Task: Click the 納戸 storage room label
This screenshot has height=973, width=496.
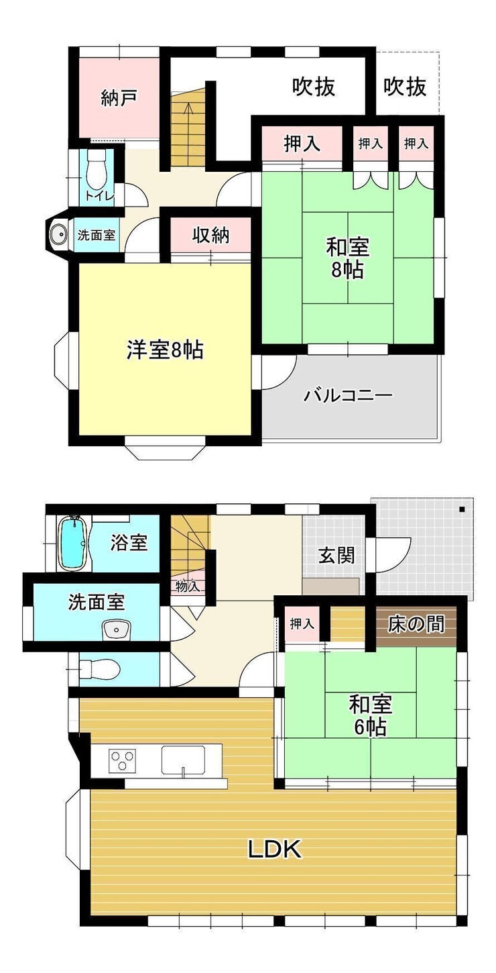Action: (119, 99)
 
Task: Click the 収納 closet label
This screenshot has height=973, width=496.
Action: (211, 236)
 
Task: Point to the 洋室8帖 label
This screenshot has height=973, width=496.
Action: (165, 350)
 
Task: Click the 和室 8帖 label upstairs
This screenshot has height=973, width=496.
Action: (348, 259)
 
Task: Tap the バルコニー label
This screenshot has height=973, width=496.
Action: (348, 395)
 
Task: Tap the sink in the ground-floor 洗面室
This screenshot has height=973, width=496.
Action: (116, 629)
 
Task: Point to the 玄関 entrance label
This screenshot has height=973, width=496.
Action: (336, 555)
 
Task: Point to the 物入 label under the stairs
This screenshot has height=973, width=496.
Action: (188, 587)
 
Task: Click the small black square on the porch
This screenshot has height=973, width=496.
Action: (462, 509)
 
